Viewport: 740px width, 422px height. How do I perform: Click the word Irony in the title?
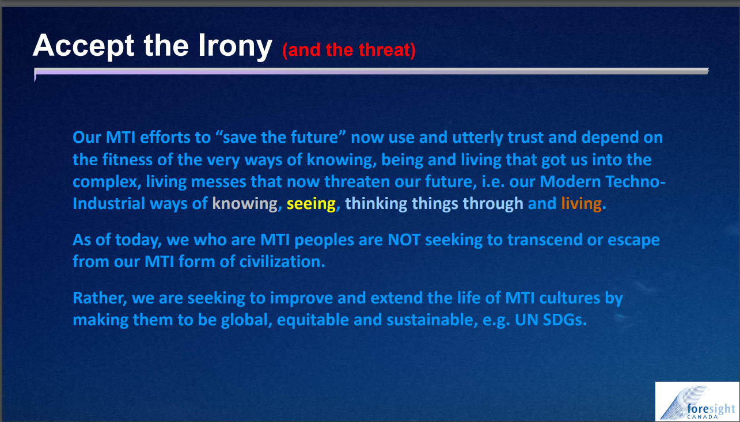point(235,47)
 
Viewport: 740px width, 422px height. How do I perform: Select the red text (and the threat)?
point(349,50)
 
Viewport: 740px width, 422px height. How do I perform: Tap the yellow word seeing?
point(311,204)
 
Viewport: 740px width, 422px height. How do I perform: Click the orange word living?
point(581,204)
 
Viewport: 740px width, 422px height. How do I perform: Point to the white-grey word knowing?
point(245,204)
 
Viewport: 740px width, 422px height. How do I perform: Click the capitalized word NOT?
point(404,240)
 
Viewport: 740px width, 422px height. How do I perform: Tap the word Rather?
point(99,298)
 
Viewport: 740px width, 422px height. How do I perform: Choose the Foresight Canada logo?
point(697,401)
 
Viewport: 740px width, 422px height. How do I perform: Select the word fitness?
point(127,160)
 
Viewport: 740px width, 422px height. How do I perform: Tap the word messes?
point(218,182)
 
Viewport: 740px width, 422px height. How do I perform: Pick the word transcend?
point(545,240)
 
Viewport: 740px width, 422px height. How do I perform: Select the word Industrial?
point(109,204)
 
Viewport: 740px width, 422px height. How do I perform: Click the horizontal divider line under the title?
point(371,71)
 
